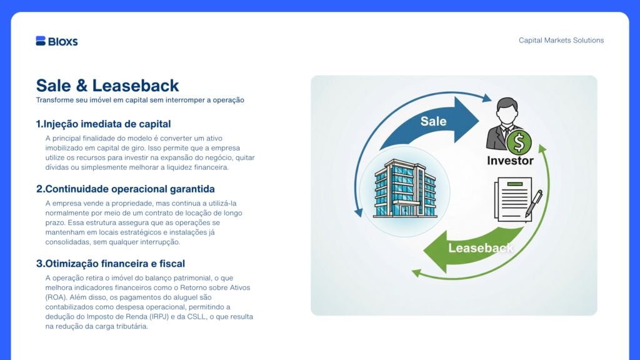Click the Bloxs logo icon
[41, 41]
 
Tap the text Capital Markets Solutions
[561, 41]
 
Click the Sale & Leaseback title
[107, 86]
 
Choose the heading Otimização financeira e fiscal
[111, 264]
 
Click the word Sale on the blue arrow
[433, 121]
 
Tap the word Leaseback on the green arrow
[481, 248]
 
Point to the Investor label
[510, 161]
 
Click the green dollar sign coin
[519, 142]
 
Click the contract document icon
[513, 199]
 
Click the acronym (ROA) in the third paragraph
[56, 297]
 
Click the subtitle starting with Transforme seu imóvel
[140, 100]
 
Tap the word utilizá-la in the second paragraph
[222, 203]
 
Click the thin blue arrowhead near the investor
[487, 98]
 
